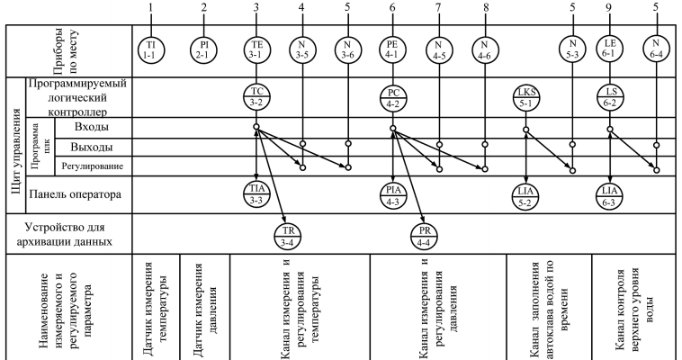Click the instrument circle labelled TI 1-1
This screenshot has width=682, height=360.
tap(153, 49)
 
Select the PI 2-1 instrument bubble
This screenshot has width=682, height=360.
tap(205, 49)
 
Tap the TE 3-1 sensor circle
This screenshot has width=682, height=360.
tap(257, 49)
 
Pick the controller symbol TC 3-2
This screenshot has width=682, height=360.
tap(257, 98)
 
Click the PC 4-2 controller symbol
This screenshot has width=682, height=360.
tap(393, 98)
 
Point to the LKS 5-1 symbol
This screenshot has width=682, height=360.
tap(525, 98)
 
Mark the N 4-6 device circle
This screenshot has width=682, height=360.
tap(485, 49)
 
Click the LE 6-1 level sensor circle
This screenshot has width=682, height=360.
tap(611, 49)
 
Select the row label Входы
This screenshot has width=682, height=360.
tap(82, 129)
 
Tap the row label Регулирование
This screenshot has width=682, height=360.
tap(90, 166)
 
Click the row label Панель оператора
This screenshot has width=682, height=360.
tap(76, 193)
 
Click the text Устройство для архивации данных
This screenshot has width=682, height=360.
tap(68, 234)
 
